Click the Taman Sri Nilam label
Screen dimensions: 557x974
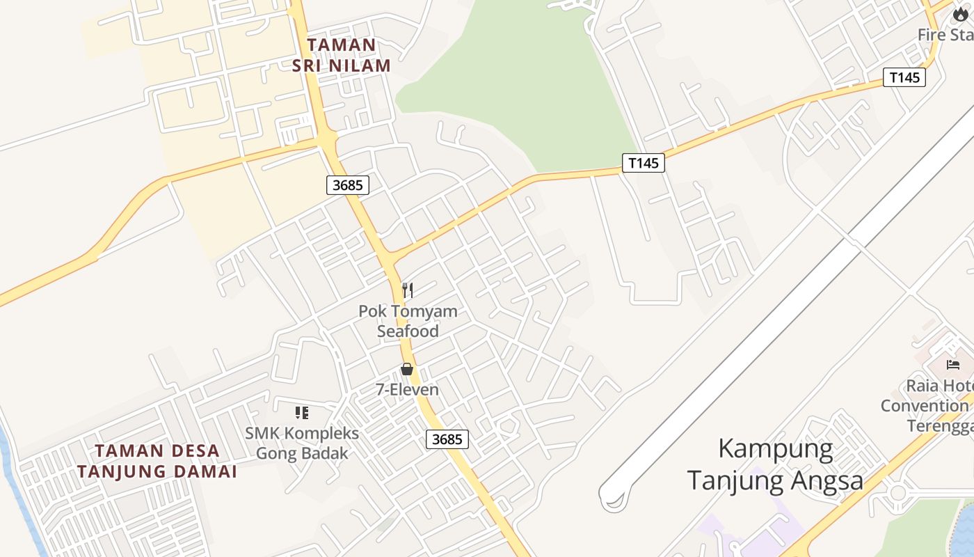[342, 55]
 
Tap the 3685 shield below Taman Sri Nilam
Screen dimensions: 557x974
[347, 185]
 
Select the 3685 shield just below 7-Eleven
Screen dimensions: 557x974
[447, 439]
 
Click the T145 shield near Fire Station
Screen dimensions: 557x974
[904, 77]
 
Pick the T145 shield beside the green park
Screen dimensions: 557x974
[643, 164]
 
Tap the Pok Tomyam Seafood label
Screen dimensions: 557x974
[408, 321]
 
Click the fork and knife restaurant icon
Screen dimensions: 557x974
[408, 290]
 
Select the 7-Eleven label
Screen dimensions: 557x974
[408, 390]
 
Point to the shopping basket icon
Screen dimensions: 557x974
[407, 369]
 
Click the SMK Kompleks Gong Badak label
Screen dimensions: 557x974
[302, 444]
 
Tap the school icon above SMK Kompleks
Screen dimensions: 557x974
[301, 413]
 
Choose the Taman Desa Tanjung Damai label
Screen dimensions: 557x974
[157, 461]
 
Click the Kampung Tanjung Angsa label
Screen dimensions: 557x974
[775, 464]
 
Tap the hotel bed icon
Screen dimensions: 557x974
[952, 364]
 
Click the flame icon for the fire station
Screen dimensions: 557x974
[960, 14]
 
